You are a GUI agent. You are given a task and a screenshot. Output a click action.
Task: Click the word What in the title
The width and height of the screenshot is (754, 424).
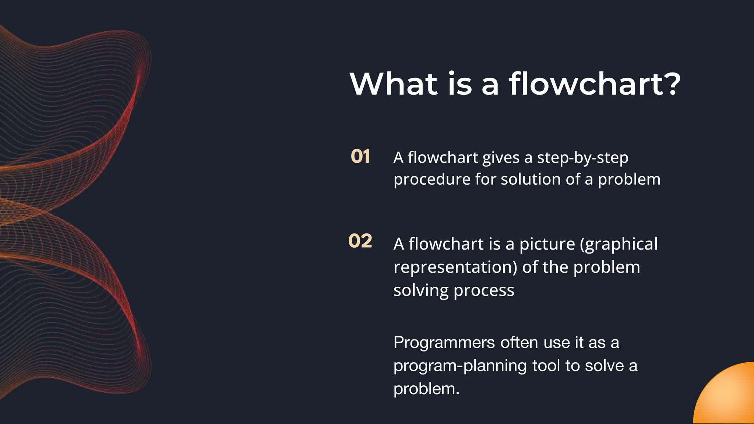click(x=394, y=84)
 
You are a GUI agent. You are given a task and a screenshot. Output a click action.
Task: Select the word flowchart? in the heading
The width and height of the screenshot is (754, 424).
click(x=595, y=84)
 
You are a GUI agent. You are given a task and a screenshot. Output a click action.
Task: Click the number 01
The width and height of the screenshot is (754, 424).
click(x=360, y=156)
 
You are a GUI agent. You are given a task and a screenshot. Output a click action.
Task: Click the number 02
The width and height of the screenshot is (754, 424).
click(x=360, y=241)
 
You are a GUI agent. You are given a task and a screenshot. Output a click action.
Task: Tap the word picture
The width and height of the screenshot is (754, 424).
click(x=547, y=244)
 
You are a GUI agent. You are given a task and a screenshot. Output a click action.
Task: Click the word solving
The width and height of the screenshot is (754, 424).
click(x=420, y=291)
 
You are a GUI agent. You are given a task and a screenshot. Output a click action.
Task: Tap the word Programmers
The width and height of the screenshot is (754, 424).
click(x=444, y=343)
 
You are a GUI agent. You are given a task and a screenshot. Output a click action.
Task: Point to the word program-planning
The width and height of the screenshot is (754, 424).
click(x=460, y=366)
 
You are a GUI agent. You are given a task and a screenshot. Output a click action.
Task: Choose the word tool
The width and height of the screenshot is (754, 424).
click(x=546, y=365)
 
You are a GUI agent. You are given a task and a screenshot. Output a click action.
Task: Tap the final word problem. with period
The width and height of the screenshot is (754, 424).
click(x=426, y=389)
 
